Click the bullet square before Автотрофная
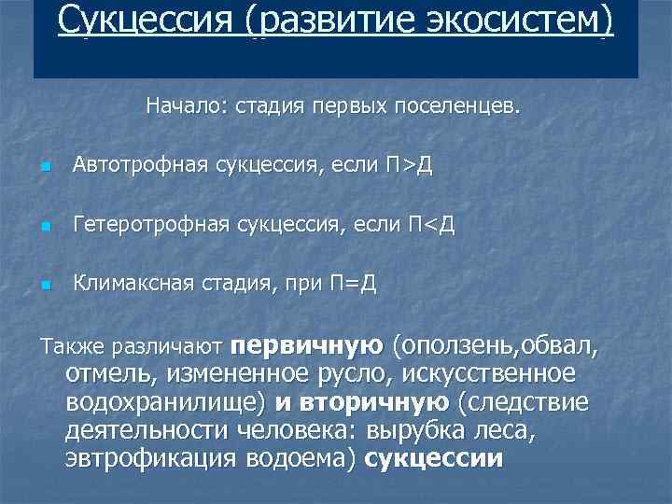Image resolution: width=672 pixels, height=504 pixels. (x=44, y=168)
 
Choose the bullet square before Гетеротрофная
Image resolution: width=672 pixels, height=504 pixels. (x=44, y=227)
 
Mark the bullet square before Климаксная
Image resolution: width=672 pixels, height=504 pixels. (x=44, y=285)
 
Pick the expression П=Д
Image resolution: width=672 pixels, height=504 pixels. (x=354, y=283)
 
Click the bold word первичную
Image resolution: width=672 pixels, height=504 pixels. (x=307, y=347)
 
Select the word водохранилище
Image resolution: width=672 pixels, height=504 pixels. (x=168, y=403)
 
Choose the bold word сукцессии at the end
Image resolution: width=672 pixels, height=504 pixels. (x=435, y=459)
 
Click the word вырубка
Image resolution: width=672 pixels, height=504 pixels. (x=418, y=431)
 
